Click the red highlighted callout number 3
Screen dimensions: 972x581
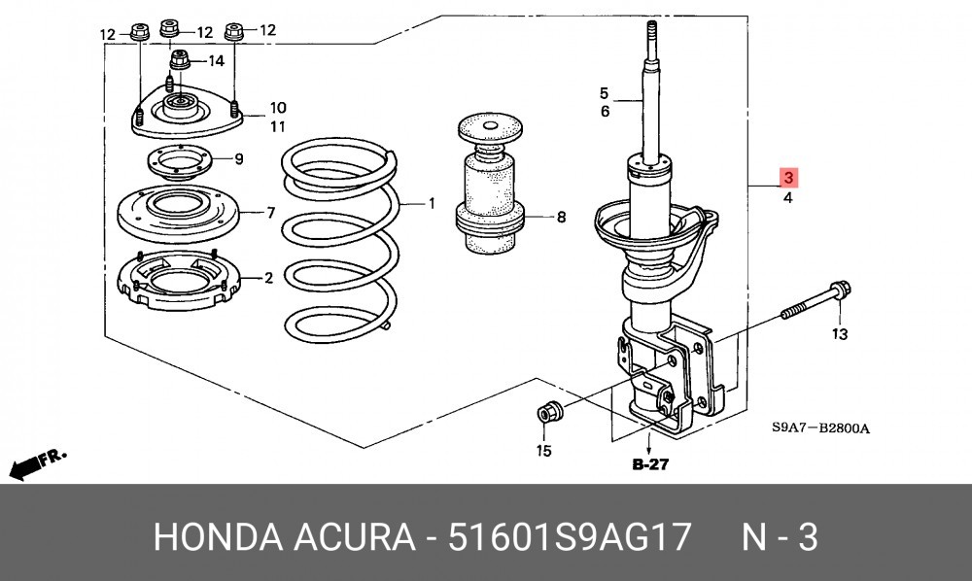tap(788, 178)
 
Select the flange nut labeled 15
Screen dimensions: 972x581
tap(549, 411)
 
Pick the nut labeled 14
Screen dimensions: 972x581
tap(180, 59)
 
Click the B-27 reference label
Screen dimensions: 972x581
tap(650, 464)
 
